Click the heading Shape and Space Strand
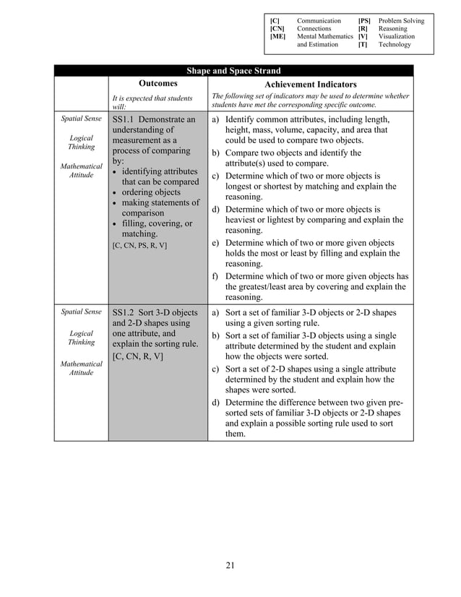coord(233,71)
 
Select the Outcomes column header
coord(158,83)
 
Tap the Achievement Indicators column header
coord(310,84)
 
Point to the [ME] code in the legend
coord(277,36)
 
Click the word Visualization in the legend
coord(397,36)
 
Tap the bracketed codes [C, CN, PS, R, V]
coord(139,246)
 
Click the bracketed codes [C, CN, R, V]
coord(138,357)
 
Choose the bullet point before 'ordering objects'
coord(116,193)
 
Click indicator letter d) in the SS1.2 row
coord(215,403)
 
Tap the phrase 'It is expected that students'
coord(152,98)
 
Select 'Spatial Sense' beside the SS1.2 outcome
coord(81,312)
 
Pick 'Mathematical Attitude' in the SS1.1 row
coord(81,171)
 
